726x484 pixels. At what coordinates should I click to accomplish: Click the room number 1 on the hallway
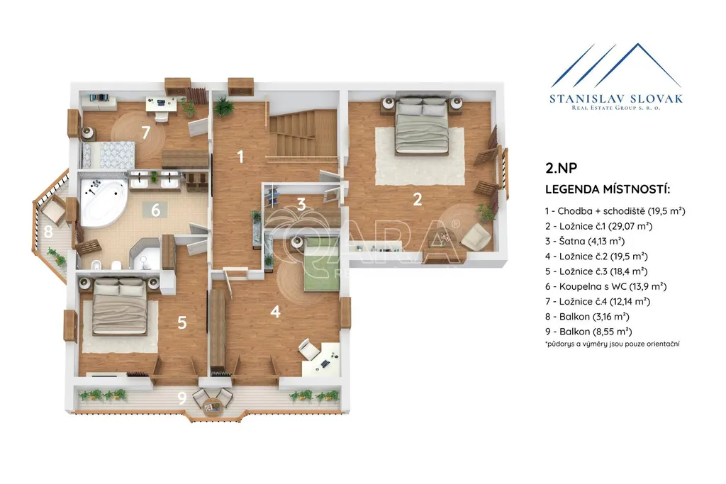point(240,157)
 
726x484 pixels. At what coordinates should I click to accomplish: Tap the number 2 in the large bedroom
point(417,199)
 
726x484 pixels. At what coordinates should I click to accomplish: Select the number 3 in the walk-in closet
point(301,204)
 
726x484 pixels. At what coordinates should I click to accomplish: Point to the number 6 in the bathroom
point(155,210)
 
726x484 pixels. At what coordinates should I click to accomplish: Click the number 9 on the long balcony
point(182,397)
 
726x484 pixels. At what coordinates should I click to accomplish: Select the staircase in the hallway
point(303,133)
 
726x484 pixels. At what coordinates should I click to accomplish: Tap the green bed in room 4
point(322,264)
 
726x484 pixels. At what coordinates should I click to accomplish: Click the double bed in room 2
point(422,126)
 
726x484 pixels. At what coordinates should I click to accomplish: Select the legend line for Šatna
point(585,241)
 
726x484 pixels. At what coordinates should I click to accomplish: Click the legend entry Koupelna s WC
point(605,286)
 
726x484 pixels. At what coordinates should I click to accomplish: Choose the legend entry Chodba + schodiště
point(615,211)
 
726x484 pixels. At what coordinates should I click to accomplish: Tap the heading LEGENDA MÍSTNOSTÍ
point(608,189)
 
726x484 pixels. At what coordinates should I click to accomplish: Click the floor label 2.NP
point(562,167)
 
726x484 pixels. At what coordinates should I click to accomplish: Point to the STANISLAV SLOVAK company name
point(616,99)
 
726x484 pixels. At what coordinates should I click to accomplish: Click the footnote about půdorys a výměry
point(613,344)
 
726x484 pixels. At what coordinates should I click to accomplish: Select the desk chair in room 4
point(308,349)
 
